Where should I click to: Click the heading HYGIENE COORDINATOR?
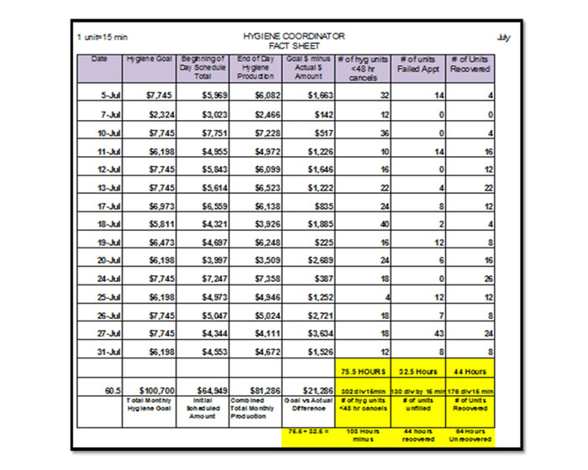coord(293,37)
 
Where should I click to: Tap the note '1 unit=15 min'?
coord(102,38)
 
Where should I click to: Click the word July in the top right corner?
coord(503,38)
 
